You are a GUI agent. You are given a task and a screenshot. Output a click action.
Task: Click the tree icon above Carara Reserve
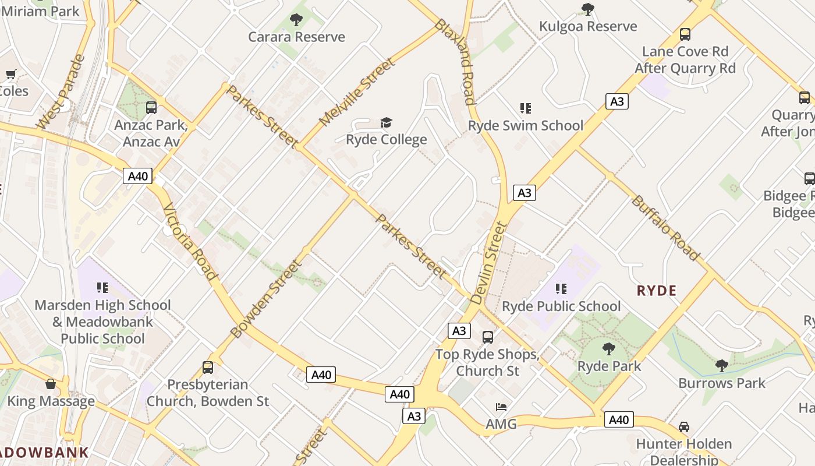point(296,20)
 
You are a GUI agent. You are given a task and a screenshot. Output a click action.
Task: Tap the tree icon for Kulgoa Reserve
point(588,9)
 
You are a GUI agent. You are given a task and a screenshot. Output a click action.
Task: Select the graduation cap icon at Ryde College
point(386,122)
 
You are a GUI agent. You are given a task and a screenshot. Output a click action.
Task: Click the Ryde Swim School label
point(526,125)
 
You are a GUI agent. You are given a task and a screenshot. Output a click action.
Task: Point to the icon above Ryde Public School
point(561,289)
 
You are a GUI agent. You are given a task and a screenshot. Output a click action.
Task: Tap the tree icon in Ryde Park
point(609,349)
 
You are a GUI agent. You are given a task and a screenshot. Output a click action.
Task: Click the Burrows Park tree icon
point(721,366)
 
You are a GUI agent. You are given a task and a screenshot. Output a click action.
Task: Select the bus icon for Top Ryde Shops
point(488,337)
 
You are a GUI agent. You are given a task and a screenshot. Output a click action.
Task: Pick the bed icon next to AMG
point(501,407)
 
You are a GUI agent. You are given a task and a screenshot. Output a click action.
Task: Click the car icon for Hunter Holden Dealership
point(684,427)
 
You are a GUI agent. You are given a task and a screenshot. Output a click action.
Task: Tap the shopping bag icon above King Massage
point(51,384)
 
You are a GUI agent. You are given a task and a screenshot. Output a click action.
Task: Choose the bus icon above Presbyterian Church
point(208,368)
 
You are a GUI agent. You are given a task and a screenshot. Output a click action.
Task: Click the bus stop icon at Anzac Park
point(151,108)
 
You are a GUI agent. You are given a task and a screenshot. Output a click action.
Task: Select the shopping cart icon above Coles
point(10,74)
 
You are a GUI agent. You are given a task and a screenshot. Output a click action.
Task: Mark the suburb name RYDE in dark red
point(657,291)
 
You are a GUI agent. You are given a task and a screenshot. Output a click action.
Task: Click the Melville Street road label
point(357,92)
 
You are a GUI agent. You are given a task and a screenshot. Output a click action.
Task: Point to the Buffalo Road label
point(665,228)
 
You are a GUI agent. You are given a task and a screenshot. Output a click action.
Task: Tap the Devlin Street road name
point(488,263)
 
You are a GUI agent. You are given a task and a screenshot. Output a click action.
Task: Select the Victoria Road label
point(190,242)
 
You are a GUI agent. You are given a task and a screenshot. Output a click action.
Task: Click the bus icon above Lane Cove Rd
point(685,34)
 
